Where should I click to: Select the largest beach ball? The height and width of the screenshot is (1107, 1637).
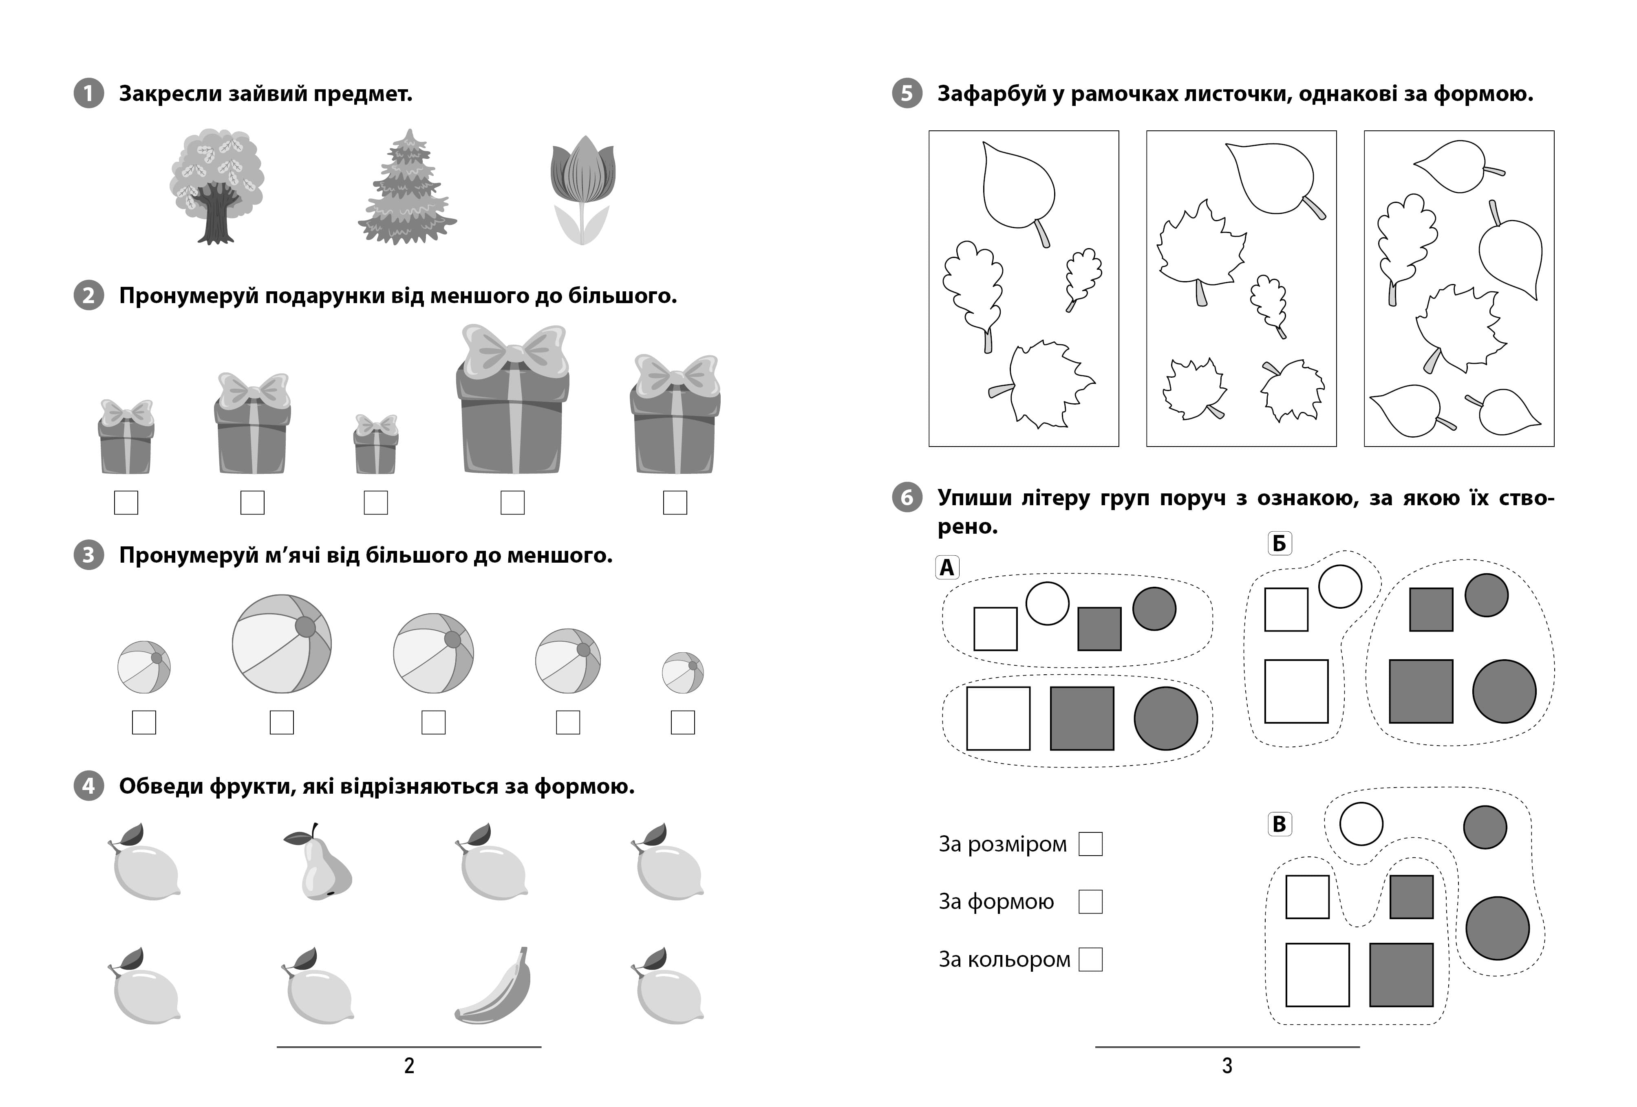pyautogui.click(x=282, y=644)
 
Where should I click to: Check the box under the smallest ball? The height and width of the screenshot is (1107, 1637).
pyautogui.click(x=682, y=722)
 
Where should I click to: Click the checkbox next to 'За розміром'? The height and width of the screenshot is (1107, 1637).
pyautogui.click(x=1090, y=844)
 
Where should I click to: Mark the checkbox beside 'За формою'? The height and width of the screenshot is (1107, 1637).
pyautogui.click(x=1090, y=901)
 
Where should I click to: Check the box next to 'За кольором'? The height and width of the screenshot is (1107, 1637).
pyautogui.click(x=1090, y=959)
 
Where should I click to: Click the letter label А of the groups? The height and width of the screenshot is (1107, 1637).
pyautogui.click(x=947, y=567)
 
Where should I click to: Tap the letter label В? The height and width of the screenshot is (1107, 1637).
pyautogui.click(x=1279, y=823)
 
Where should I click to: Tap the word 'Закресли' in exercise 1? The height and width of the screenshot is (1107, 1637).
pyautogui.click(x=169, y=94)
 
